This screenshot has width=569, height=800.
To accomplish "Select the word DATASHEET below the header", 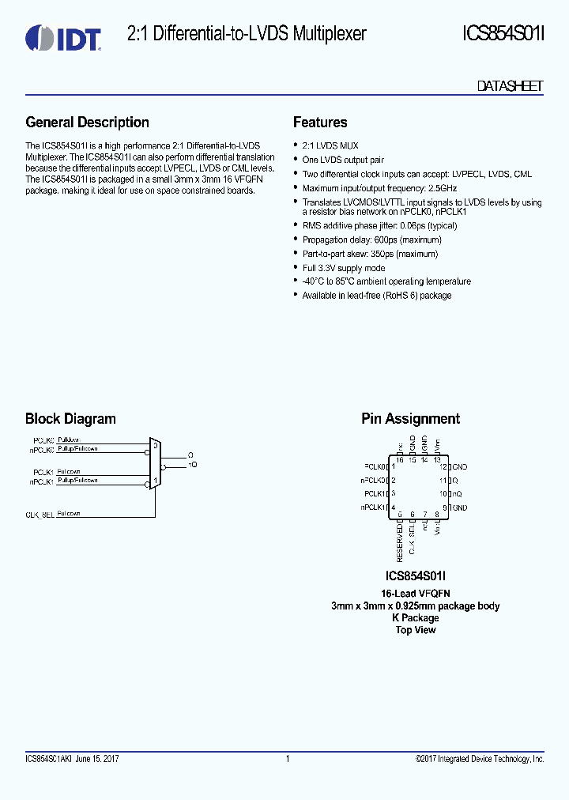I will (x=510, y=86).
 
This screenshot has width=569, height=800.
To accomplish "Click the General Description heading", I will (x=87, y=123).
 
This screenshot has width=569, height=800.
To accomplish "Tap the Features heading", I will (x=320, y=123).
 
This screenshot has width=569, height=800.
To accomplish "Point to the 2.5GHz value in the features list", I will (x=442, y=188).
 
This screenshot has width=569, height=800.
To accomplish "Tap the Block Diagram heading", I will (x=70, y=419).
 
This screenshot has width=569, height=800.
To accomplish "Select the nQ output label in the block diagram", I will (x=191, y=465).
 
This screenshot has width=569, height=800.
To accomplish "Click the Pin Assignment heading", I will (x=410, y=419).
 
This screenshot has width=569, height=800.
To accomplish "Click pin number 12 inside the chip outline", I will (x=443, y=466).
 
